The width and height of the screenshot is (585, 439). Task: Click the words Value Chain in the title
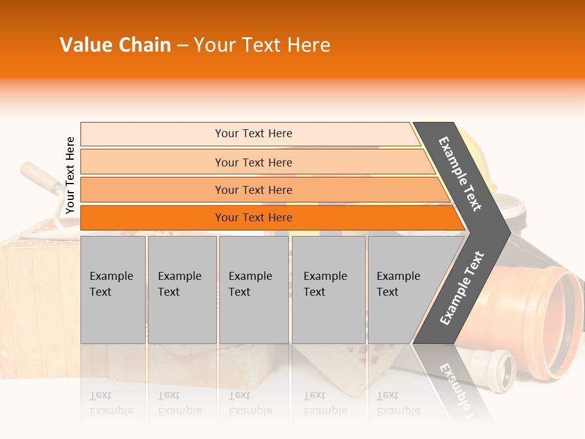(x=115, y=45)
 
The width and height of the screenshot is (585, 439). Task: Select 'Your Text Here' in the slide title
(x=262, y=45)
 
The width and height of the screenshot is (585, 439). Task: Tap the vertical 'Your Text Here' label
(x=70, y=175)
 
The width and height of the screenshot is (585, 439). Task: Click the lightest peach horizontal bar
(x=253, y=134)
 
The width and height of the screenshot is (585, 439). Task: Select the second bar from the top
(x=253, y=162)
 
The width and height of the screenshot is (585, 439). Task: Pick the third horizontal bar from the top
(x=253, y=190)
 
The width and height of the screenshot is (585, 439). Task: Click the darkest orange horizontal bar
(x=253, y=218)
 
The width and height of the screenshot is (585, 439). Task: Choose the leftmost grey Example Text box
(x=113, y=289)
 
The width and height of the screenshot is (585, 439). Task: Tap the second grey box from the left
(x=182, y=289)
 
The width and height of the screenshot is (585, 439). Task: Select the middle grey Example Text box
(x=253, y=289)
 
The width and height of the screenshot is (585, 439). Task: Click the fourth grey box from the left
(x=328, y=289)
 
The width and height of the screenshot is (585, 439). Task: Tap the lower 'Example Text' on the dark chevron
(x=462, y=288)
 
